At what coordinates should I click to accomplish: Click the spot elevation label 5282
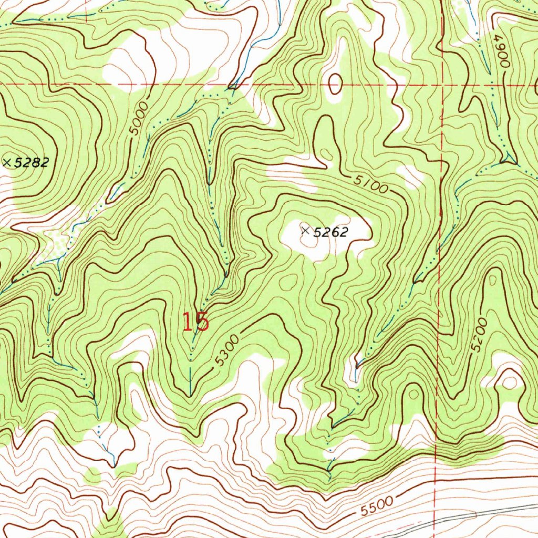[x=32, y=163]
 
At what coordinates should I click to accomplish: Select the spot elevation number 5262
[x=331, y=232]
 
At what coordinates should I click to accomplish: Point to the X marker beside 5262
[x=305, y=230]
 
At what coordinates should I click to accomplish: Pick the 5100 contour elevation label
[x=370, y=184]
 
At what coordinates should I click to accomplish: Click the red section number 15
[x=195, y=322]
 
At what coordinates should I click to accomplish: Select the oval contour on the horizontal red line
[x=334, y=83]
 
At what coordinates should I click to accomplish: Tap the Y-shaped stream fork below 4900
[x=508, y=157]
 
